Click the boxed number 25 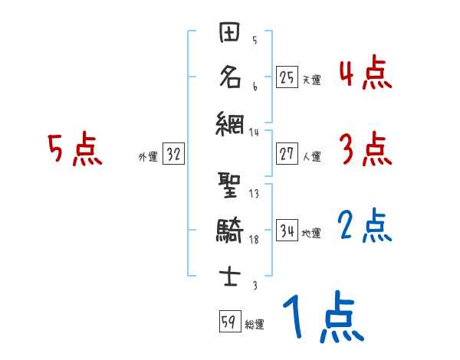pyautogui.click(x=287, y=77)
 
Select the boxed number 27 pyautogui.click(x=287, y=154)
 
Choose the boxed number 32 pyautogui.click(x=173, y=154)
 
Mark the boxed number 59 pyautogui.click(x=229, y=322)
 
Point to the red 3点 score pyautogui.click(x=365, y=149)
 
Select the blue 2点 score pyautogui.click(x=365, y=227)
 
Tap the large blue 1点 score pyautogui.click(x=322, y=318)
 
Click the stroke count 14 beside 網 pyautogui.click(x=255, y=132)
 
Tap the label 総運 pyautogui.click(x=255, y=325)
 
